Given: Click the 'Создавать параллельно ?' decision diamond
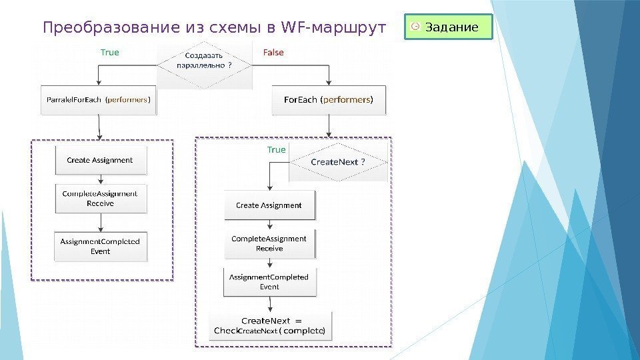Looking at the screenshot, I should pos(205,65).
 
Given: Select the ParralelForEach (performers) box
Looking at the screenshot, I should pos(99,100).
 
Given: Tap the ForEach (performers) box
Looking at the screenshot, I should pos(329,100).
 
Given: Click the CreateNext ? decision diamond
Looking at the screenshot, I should pos(339,163).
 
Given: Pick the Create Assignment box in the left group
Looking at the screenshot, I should pos(100,161).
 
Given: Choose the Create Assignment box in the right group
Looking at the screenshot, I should pos(269,205).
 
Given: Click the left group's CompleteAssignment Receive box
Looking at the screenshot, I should pos(100,198).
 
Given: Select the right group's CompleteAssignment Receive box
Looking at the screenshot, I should pos(269,243).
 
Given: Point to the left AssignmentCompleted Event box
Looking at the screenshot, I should pos(100,246).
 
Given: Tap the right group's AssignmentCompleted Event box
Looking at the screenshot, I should pos(269,282).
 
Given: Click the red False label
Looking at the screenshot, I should pos(273,53).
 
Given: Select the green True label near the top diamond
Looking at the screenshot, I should pos(110,52).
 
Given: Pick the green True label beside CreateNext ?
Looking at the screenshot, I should pos(276,150).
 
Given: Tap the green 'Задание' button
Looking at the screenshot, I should pos(448,27).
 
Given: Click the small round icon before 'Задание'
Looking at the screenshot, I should pos(415,27).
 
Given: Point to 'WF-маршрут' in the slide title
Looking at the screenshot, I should pos(334,28).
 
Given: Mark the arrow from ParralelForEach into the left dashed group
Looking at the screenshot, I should pos(99,127).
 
